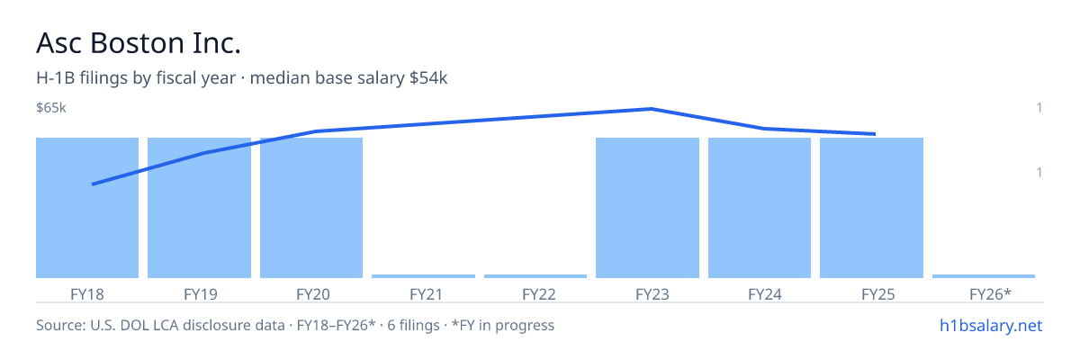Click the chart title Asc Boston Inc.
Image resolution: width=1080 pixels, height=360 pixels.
[x=139, y=43]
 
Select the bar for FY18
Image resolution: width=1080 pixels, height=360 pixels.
[x=87, y=208]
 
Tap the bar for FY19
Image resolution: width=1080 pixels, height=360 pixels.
[x=199, y=208]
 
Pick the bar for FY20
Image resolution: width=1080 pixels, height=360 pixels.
[x=311, y=208]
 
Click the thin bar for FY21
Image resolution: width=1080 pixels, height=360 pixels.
[x=423, y=276]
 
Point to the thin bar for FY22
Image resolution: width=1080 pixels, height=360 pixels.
[x=535, y=276]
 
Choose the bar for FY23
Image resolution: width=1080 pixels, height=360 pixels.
[x=647, y=208]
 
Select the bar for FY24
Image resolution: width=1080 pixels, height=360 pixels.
[x=760, y=208]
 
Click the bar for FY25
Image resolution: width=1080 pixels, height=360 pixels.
[x=872, y=208]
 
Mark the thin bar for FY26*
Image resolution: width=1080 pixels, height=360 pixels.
[x=984, y=276]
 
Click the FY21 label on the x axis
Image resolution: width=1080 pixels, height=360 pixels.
[x=427, y=294]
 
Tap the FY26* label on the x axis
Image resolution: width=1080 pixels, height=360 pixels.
[x=990, y=294]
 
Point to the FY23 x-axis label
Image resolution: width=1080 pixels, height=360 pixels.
[x=652, y=294]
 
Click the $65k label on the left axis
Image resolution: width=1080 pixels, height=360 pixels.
[x=51, y=107]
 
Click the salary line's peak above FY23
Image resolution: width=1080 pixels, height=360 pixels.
[x=652, y=109]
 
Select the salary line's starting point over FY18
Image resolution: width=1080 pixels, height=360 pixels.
[x=93, y=184]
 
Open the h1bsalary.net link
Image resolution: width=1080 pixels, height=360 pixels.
[x=991, y=326]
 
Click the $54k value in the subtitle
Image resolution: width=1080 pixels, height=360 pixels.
[x=428, y=78]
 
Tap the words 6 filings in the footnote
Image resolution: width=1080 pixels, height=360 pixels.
[x=413, y=326]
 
